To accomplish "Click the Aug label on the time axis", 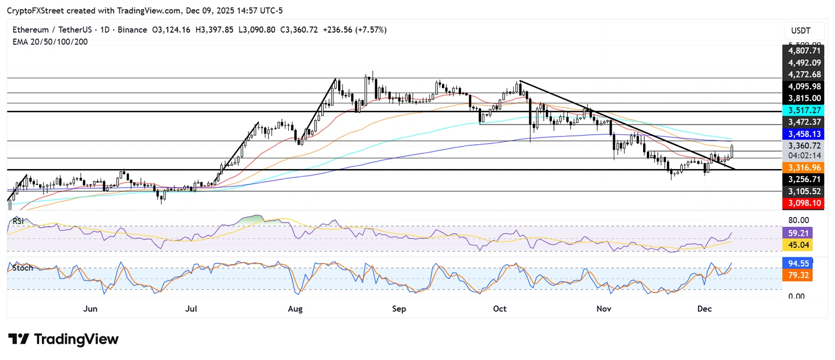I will click(x=295, y=309).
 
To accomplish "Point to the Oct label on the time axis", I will click(x=500, y=309).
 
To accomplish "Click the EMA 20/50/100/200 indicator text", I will click(x=50, y=42).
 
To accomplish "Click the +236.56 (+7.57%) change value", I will click(x=354, y=30).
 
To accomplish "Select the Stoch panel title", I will click(x=23, y=268).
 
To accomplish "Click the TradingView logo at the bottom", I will click(x=64, y=339).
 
